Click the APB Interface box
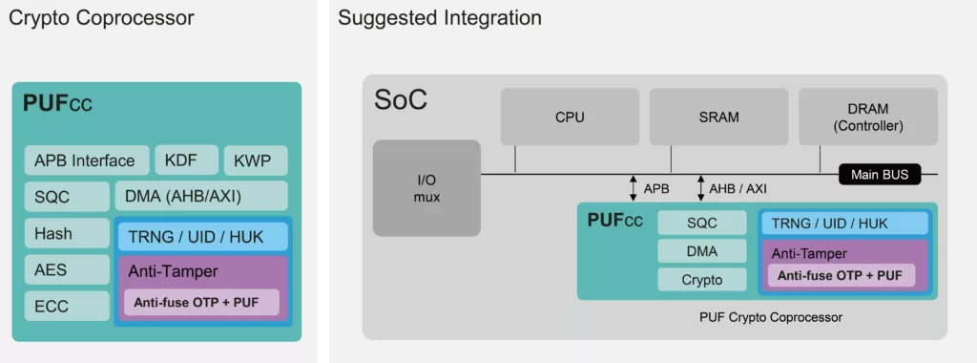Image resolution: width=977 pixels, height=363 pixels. pyautogui.click(x=87, y=160)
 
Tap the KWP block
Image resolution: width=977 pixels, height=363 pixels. pyautogui.click(x=256, y=160)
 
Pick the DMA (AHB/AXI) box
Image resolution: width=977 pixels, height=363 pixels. pyautogui.click(x=201, y=196)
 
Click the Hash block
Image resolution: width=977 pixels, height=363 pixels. pyautogui.click(x=68, y=233)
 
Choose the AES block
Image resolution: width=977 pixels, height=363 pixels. pyautogui.click(x=68, y=269)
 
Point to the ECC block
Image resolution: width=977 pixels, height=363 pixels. pyautogui.click(x=68, y=306)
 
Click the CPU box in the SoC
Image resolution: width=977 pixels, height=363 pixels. pyautogui.click(x=571, y=117)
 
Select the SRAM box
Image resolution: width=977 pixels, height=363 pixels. pyautogui.click(x=719, y=117)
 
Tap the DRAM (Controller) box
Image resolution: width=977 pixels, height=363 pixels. pyautogui.click(x=868, y=117)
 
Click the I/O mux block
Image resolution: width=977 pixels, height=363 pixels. pyautogui.click(x=426, y=188)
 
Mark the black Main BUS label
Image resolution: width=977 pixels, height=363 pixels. pyautogui.click(x=879, y=175)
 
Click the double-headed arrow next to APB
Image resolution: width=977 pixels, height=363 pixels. pyautogui.click(x=634, y=188)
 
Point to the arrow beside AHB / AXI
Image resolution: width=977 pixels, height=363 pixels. pyautogui.click(x=700, y=188)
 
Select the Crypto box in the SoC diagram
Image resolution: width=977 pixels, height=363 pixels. pyautogui.click(x=701, y=280)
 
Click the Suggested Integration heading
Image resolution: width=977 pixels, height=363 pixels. pyautogui.click(x=439, y=17)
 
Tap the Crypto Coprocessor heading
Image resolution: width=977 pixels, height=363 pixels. pyautogui.click(x=101, y=17)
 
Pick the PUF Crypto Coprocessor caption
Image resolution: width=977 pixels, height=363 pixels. pyautogui.click(x=771, y=317)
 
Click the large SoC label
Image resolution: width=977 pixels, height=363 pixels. pyautogui.click(x=401, y=99)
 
